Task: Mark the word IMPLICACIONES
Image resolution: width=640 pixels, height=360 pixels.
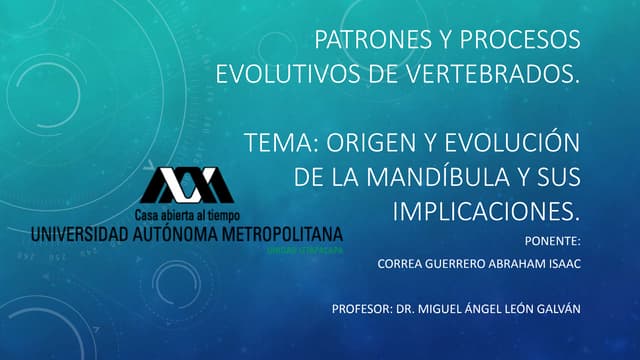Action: pyautogui.click(x=484, y=211)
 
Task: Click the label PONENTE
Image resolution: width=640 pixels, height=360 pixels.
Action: pyautogui.click(x=552, y=241)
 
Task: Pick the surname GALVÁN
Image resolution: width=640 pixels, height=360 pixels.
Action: pyautogui.click(x=554, y=308)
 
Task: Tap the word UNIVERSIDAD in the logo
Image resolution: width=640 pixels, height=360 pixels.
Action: pyautogui.click(x=79, y=234)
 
